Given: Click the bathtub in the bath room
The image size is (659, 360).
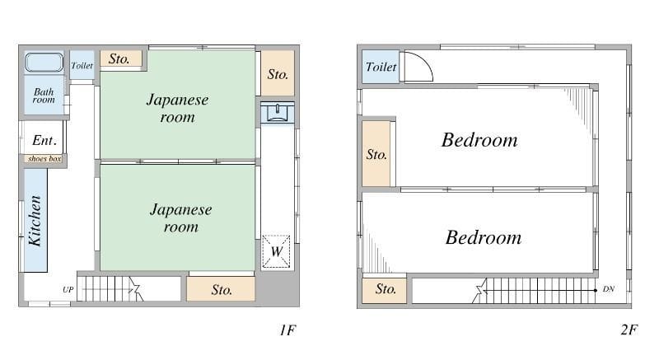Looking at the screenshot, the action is pos(44,63).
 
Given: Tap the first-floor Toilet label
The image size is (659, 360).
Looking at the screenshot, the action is pos(82,66).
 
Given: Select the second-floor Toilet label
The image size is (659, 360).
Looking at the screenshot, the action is pos(381,67).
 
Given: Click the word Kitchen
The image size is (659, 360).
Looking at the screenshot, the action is pos(35,220).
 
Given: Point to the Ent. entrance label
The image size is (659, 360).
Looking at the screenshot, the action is pos(44,140).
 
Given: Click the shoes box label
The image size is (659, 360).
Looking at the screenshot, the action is pos(44,159).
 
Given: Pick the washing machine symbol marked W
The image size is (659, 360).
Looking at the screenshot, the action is pos(276,251).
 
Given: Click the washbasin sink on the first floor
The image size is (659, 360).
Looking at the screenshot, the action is pos(278,113).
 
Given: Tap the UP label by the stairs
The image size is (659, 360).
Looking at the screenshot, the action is pos(68,289).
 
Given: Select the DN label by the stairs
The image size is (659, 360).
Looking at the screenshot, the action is pos(609,289).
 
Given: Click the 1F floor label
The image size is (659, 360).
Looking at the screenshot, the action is pos(287,330).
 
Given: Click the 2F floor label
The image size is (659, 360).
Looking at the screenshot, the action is pos(629,330).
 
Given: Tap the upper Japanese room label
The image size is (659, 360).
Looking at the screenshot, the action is pos(178,109).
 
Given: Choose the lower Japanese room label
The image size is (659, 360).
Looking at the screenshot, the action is pos(180,218).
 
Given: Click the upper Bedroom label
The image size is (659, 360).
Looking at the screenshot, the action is pos(479,140).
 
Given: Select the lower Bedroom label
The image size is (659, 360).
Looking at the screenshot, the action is pos(484,238).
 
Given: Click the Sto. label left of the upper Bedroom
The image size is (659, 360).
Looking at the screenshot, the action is pos(376,155).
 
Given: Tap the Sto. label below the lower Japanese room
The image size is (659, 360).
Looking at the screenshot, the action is pos(222,290).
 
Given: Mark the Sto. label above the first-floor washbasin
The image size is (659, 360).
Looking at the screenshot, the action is pos(278,74).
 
